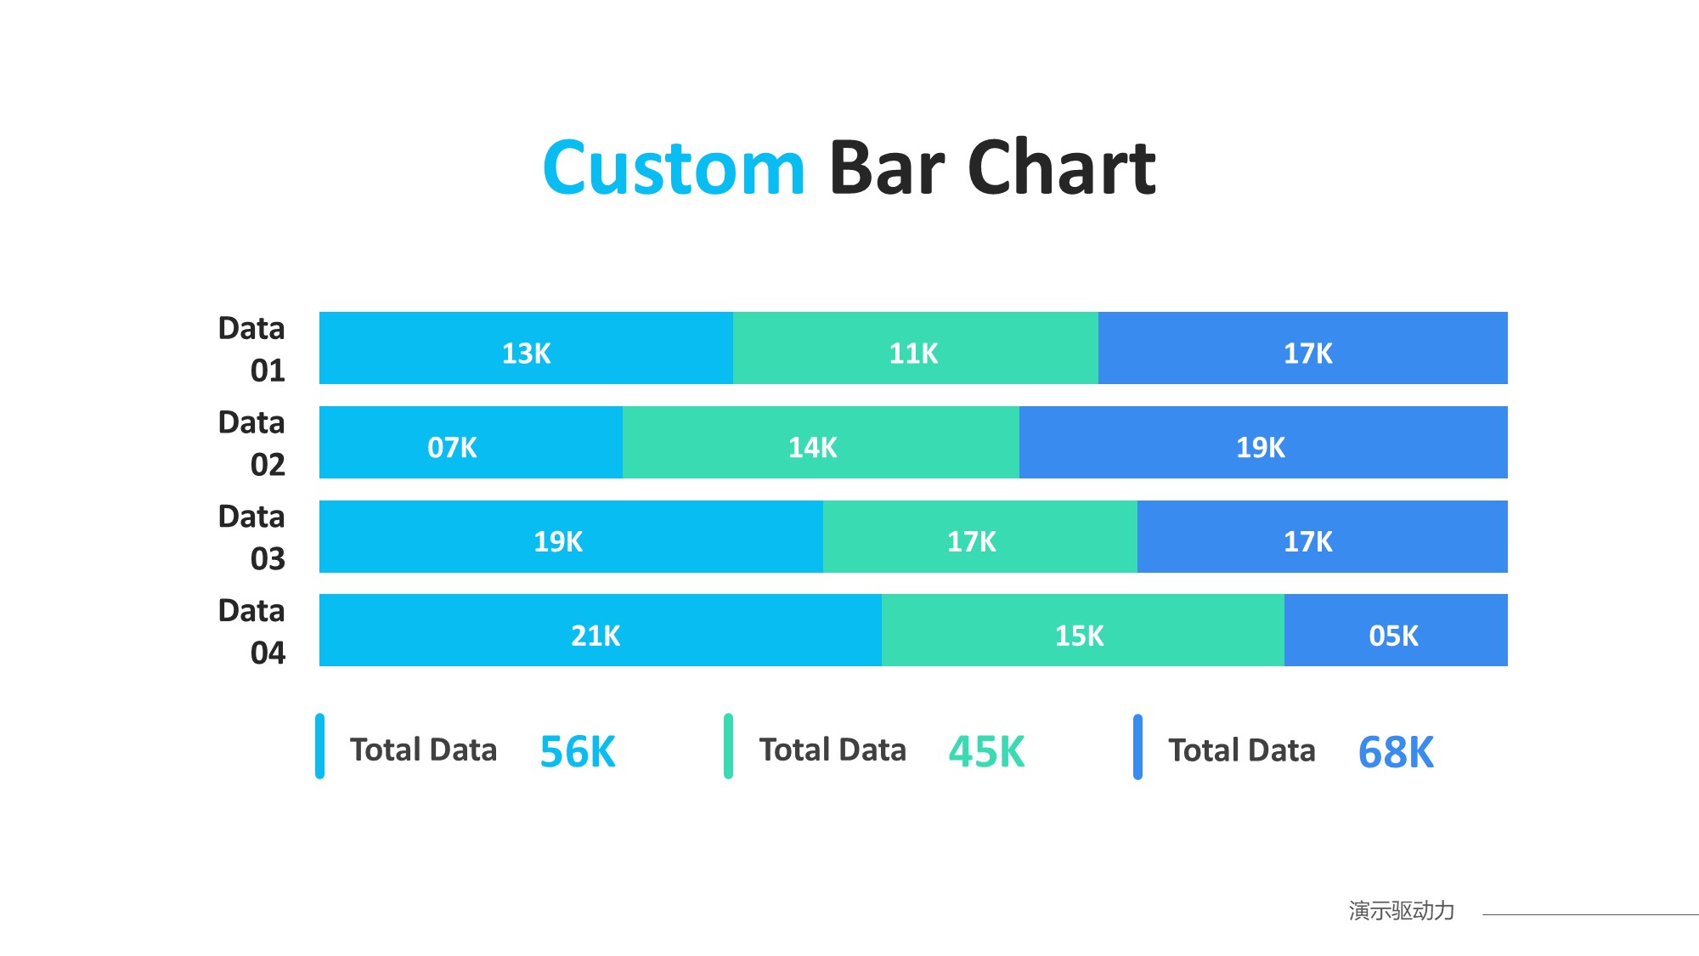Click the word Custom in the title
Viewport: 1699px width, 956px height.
674,168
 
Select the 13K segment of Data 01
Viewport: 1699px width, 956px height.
526,348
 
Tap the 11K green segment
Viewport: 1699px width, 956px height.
915,348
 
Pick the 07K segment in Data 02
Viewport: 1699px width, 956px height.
471,443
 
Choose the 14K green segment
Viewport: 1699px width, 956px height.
821,443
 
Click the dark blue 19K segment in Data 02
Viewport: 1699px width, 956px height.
1262,443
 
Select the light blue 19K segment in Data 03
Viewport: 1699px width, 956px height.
571,537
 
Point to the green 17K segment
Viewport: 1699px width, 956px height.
979,537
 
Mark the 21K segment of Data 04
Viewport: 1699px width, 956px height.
600,631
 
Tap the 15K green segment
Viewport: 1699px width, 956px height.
1082,631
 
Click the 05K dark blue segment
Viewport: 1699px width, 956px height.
1396,631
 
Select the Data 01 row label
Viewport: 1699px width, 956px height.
251,349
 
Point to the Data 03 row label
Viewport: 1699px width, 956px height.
251,537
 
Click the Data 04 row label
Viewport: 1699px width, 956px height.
251,631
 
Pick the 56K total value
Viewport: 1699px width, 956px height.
578,752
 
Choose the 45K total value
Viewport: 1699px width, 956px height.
986,752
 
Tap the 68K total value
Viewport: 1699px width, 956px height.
1396,752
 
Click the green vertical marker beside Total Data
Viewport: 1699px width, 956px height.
728,746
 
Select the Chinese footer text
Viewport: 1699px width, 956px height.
1401,911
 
